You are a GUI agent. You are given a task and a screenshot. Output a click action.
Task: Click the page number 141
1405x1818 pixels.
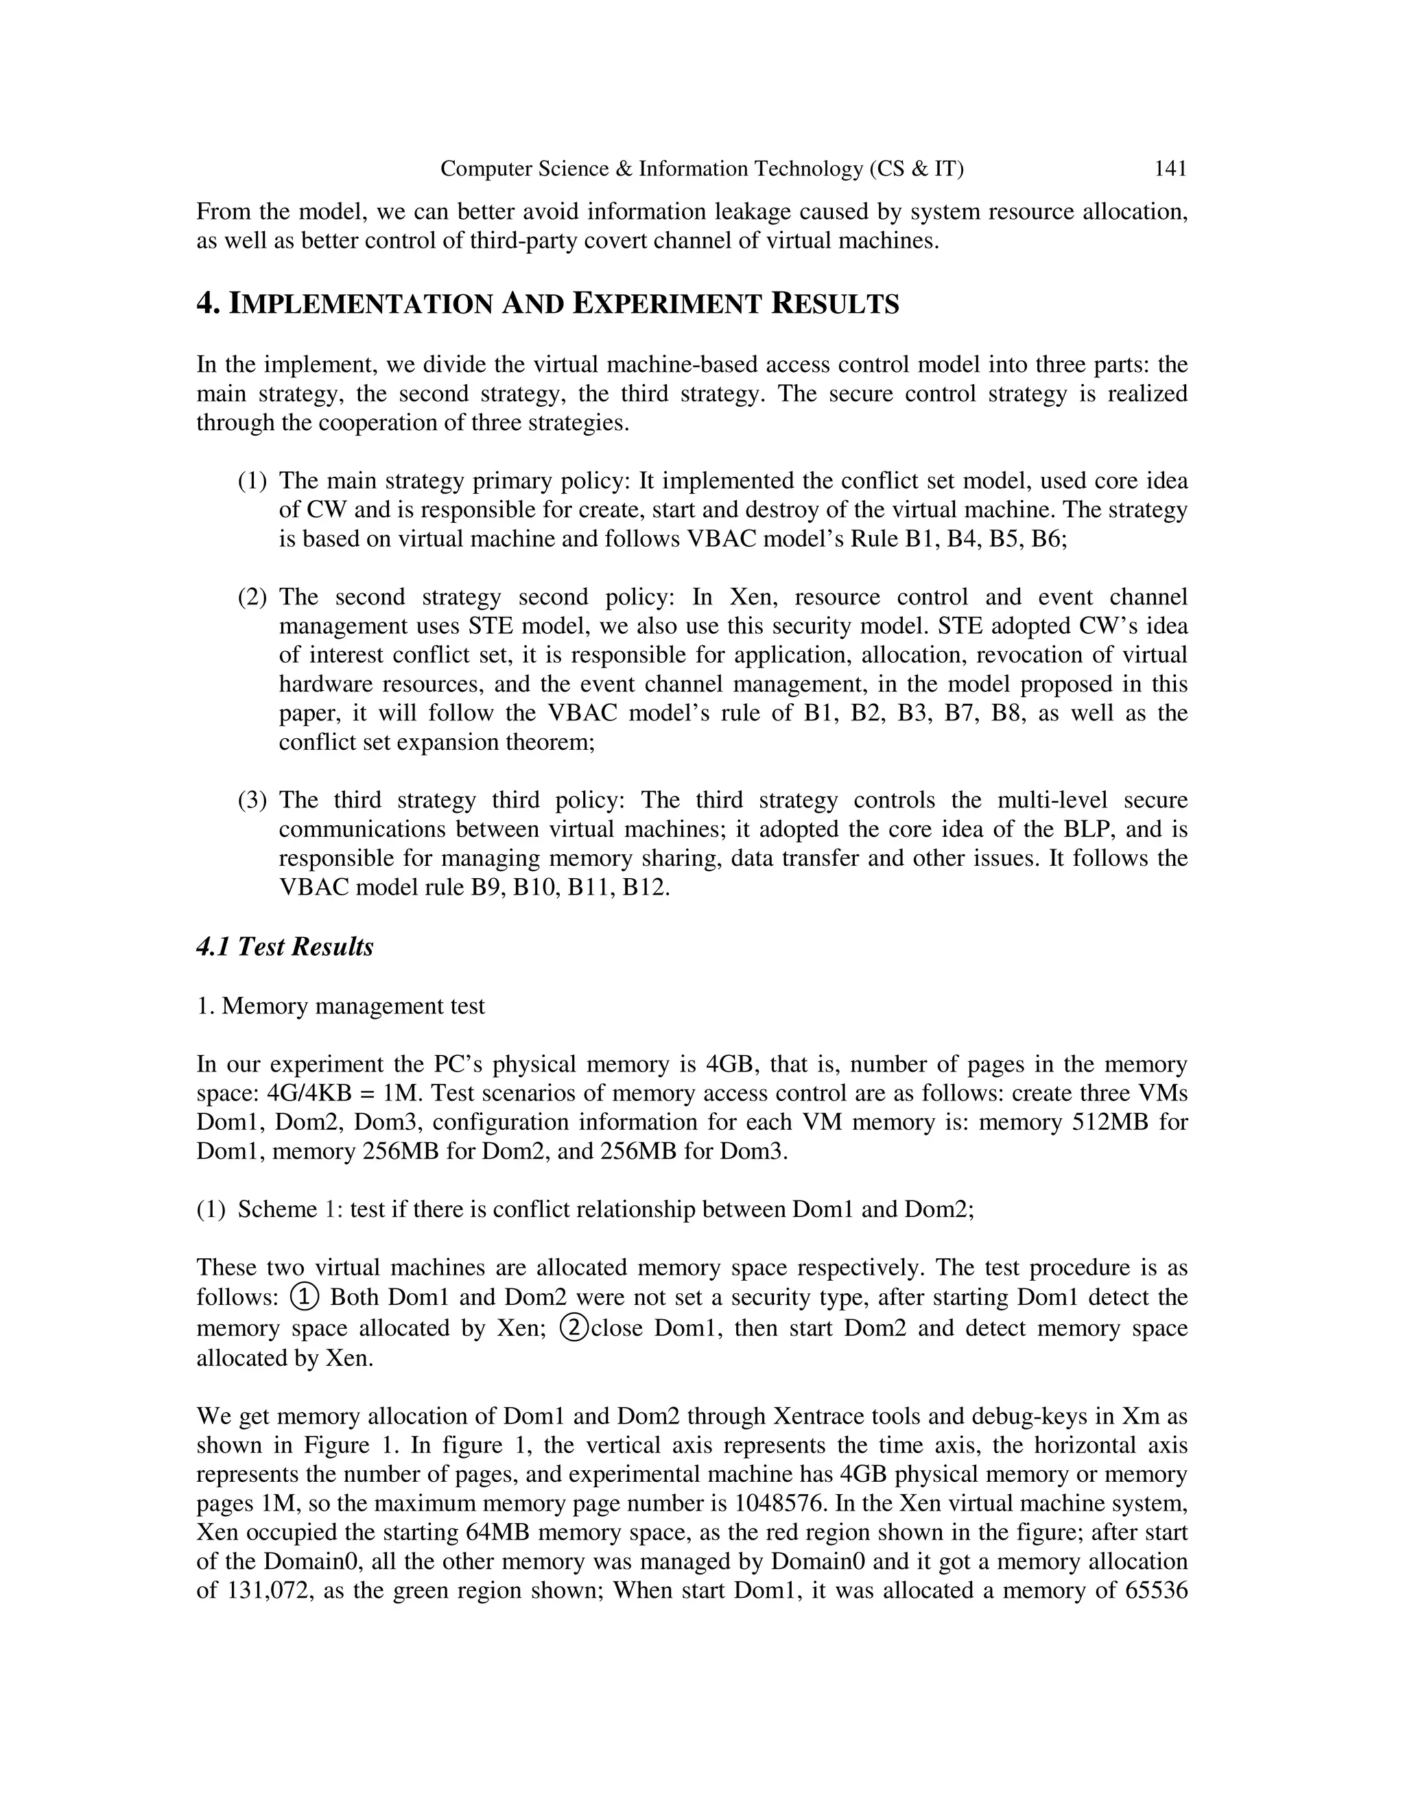coord(1170,169)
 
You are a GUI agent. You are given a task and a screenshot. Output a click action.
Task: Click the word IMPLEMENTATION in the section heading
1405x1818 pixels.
coord(362,304)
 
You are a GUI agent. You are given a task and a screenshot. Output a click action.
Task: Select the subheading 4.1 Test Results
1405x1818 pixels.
coord(285,947)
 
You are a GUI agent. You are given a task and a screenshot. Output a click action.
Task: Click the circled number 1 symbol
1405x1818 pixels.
coord(305,1296)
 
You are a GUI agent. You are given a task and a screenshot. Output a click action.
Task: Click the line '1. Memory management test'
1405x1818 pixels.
coord(340,1006)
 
